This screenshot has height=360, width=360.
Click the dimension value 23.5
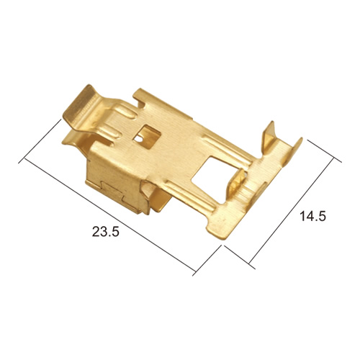pos(106,232)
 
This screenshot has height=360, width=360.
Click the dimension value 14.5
pos(312,216)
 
